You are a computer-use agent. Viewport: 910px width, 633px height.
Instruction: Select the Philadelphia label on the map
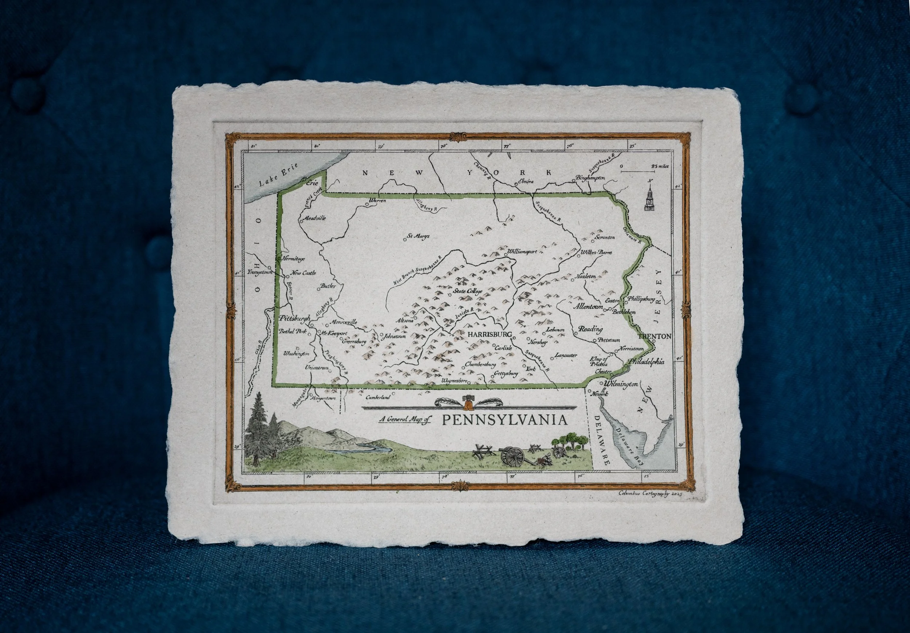tap(646, 362)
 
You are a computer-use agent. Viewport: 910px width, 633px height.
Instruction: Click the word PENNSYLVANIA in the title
tap(504, 420)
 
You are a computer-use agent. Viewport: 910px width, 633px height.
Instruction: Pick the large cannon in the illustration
tap(513, 456)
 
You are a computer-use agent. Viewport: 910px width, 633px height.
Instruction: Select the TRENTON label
tap(655, 336)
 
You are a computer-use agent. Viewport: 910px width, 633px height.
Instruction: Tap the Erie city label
tap(313, 183)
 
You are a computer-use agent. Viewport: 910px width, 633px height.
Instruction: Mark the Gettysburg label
tap(506, 373)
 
